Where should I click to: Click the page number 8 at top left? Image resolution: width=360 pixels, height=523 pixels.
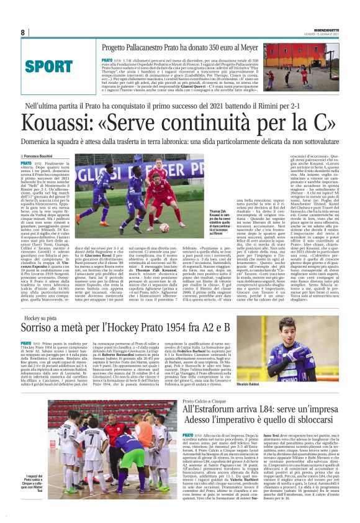coord(22,32)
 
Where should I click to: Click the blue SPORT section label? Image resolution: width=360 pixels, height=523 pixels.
coord(45,66)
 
